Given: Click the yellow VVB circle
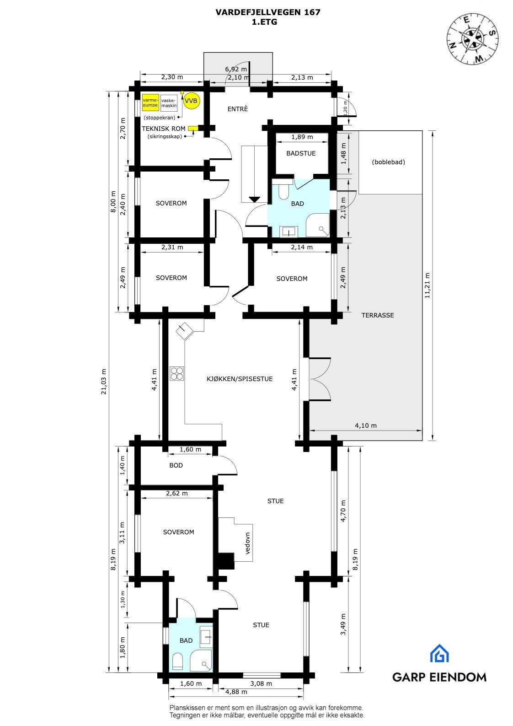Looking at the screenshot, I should point(191,101).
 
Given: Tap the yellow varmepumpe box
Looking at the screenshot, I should point(150,103).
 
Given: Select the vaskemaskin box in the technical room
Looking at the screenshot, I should point(169,103).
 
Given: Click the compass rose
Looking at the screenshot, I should point(472,39).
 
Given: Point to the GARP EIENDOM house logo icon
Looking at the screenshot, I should point(439,654).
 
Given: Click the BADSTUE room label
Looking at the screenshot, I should point(301,153).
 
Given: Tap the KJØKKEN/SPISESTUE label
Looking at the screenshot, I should point(240,379).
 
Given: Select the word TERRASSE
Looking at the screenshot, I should point(378,315).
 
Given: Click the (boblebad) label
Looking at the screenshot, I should point(389,162).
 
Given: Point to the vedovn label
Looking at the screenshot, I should point(247,543).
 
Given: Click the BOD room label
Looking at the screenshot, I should point(176,465).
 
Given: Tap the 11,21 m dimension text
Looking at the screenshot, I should point(427,285).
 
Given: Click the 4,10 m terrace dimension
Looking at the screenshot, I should point(366,425).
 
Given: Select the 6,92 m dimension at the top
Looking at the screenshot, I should point(236,69).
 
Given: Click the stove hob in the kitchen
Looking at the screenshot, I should point(177,374).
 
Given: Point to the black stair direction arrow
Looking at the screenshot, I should point(254,199).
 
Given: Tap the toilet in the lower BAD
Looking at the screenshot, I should point(178,661).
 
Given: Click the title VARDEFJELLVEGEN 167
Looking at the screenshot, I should point(267,12).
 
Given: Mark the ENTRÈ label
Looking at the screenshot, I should point(238,109).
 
